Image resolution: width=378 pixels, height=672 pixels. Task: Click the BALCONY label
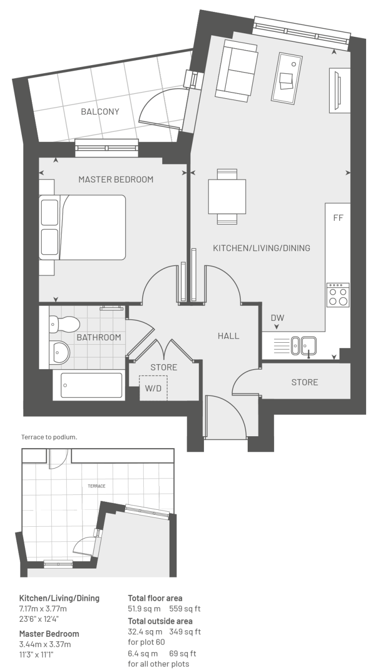(100, 111)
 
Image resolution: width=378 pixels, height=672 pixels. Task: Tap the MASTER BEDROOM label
(116, 180)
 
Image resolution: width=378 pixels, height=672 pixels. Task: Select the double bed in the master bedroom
(82, 227)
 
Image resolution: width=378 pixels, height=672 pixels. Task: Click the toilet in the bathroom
(64, 324)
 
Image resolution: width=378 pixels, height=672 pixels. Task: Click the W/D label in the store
(153, 388)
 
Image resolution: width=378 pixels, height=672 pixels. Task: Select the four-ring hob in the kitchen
(338, 295)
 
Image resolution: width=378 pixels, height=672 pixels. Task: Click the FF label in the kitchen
(338, 218)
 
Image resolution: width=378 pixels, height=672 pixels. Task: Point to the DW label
(278, 318)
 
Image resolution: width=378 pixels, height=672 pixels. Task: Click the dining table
(227, 196)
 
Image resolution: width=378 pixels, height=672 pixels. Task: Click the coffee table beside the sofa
(287, 79)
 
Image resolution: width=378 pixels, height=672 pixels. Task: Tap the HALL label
(229, 336)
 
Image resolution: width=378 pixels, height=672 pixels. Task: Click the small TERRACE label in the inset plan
(96, 486)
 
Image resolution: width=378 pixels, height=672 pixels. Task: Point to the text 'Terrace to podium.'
(49, 437)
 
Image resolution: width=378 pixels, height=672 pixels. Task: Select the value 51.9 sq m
(144, 609)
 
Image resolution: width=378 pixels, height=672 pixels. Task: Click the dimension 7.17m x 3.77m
(43, 609)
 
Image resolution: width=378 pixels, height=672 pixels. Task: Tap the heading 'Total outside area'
(160, 621)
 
